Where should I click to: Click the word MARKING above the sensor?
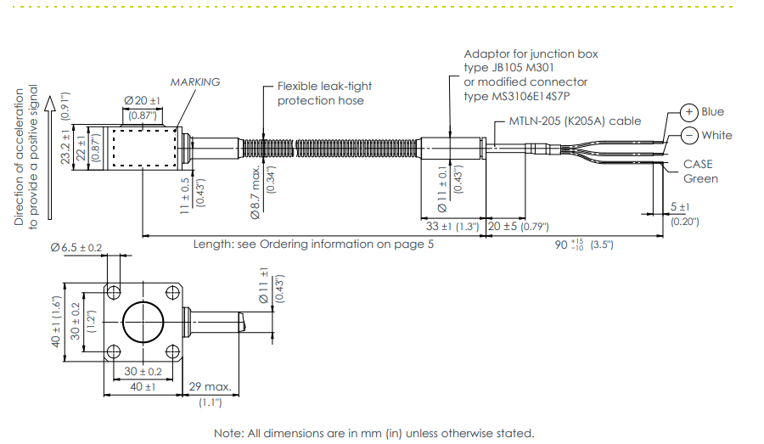point(194,82)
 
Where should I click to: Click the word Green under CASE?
point(700,178)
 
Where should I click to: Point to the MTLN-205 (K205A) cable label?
point(575,121)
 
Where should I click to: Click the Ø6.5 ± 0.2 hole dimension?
point(76,248)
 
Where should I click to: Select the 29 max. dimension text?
point(211,386)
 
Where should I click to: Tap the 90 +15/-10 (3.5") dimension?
point(582,244)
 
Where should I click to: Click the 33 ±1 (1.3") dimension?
point(452,227)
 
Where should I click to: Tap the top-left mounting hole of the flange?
point(113,291)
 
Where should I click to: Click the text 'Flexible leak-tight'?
point(325,86)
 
